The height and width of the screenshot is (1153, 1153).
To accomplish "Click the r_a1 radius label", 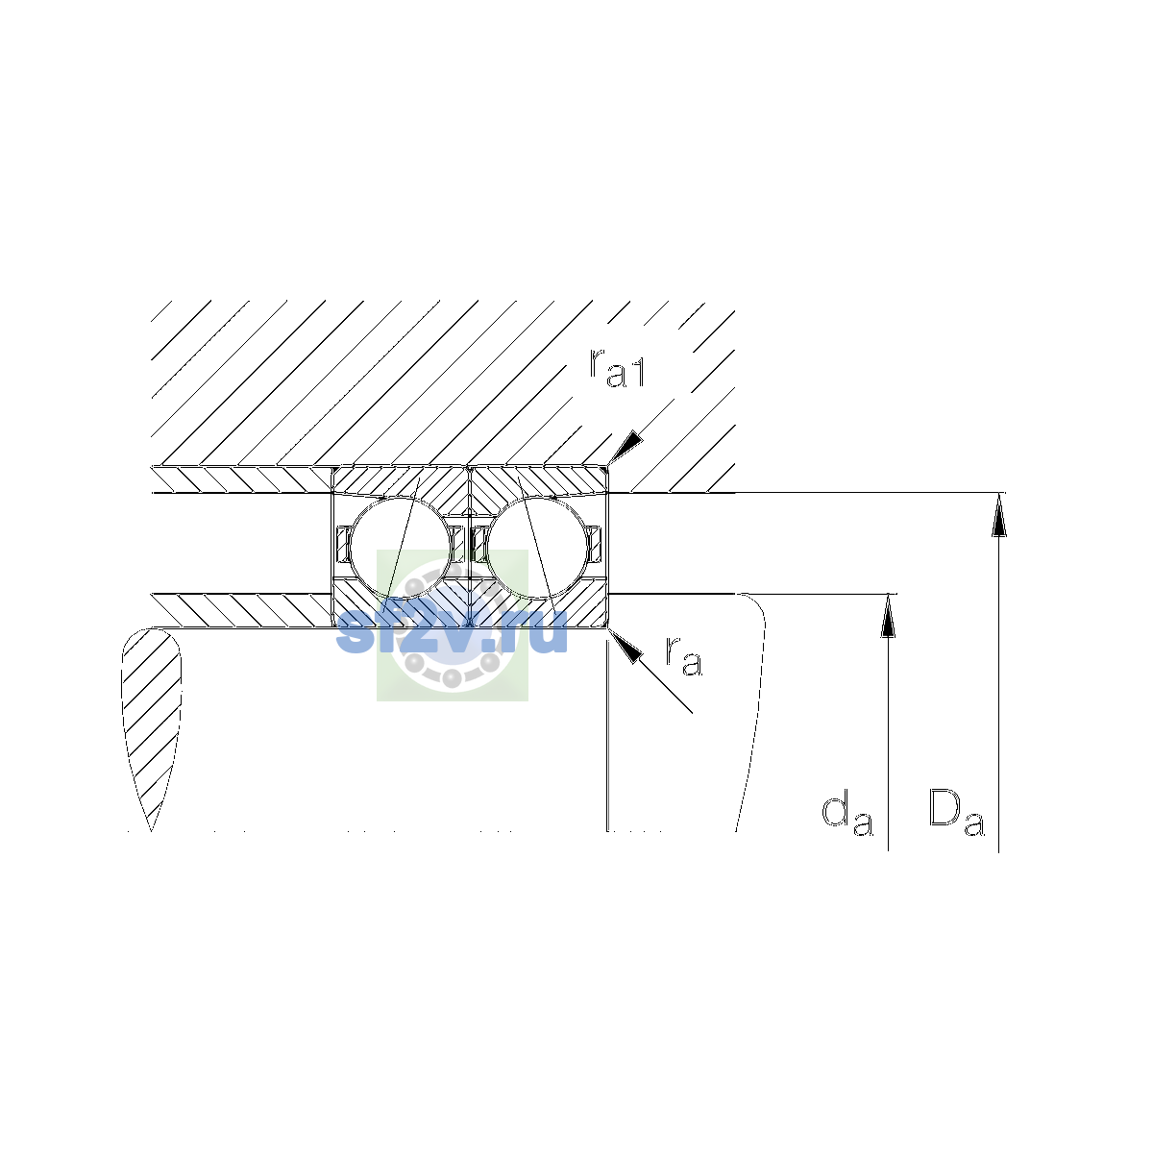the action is point(617,367).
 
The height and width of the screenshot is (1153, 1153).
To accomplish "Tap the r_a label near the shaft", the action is point(683,656).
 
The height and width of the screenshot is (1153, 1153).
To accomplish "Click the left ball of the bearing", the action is point(401,547).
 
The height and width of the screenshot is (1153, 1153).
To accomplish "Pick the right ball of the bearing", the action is point(538,547).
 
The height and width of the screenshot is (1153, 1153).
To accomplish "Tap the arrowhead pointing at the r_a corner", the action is point(625,646).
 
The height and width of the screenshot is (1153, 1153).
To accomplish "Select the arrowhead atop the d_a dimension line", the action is point(889,616).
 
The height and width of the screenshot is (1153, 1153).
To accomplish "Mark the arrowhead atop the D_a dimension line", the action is point(998,515).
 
